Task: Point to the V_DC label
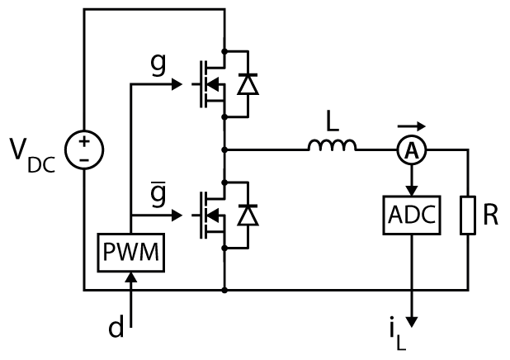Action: coord(32,155)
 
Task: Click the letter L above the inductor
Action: coord(333,121)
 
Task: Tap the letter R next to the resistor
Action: coord(490,215)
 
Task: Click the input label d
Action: coord(116,327)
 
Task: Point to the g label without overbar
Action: coord(158,64)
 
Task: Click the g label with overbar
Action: coord(158,193)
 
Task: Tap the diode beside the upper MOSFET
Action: coord(248,84)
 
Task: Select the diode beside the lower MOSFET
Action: coord(248,216)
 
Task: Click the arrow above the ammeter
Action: coord(412,126)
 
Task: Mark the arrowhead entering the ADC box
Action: coord(412,191)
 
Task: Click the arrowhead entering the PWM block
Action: coord(131,277)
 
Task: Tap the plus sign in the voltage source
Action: coord(84,141)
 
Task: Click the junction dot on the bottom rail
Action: coord(224,290)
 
